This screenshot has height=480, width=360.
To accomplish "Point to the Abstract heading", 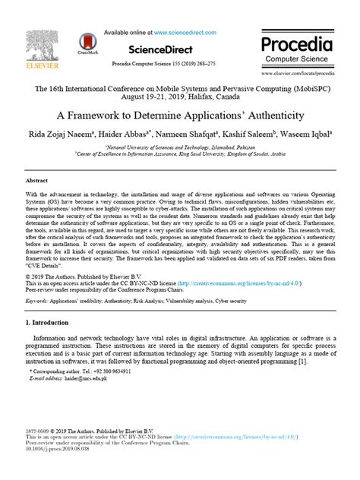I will click(37, 182).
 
